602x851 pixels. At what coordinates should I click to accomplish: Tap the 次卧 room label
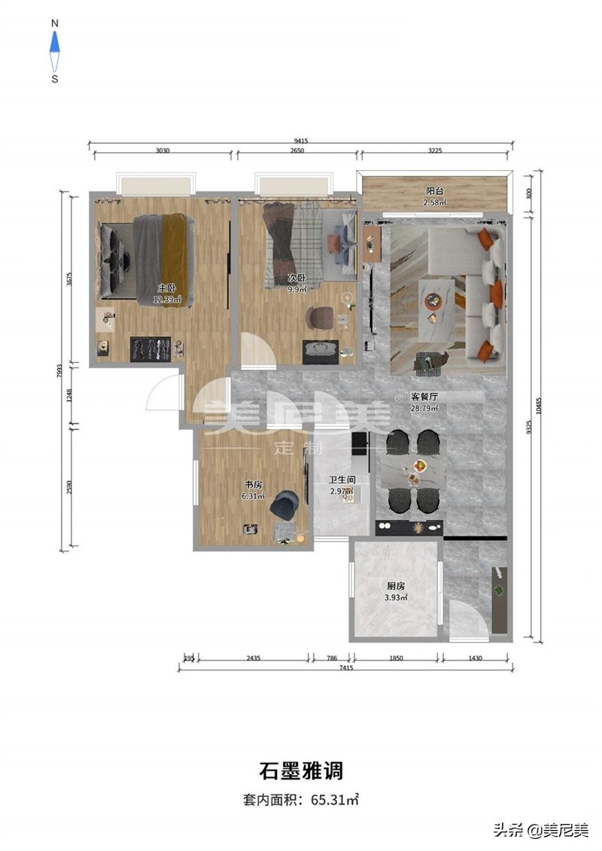click(296, 278)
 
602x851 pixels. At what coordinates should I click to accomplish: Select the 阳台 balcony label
click(434, 191)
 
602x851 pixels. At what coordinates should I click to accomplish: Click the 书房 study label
click(253, 485)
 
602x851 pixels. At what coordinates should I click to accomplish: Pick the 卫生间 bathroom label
click(342, 480)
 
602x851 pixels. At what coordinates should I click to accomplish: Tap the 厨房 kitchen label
click(396, 586)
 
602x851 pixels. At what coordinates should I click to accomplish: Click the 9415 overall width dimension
click(301, 141)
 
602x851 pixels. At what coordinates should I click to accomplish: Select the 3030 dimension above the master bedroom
click(163, 150)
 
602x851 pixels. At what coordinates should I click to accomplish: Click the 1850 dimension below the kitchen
click(397, 658)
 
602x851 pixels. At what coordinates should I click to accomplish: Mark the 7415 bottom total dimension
click(346, 668)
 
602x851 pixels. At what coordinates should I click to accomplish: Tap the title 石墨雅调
click(301, 770)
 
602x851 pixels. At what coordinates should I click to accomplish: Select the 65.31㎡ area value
click(334, 799)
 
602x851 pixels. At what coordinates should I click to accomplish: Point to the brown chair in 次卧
click(320, 318)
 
